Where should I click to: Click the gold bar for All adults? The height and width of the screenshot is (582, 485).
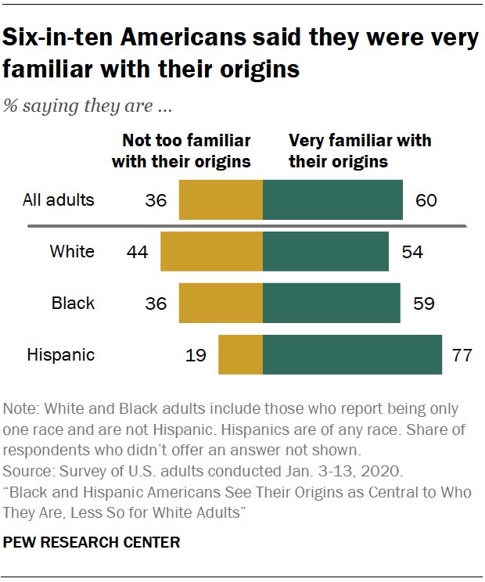point(221,199)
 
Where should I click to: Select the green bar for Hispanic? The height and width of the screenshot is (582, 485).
point(352,354)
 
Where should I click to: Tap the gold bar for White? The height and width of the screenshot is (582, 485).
point(211,251)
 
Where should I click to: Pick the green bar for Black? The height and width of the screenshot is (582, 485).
point(332,303)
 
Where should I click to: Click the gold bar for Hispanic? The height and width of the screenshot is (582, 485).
point(240,354)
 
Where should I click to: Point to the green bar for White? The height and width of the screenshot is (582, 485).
point(325,251)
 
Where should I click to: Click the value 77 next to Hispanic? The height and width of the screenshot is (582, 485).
point(462,355)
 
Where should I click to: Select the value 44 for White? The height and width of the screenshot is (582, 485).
point(137,252)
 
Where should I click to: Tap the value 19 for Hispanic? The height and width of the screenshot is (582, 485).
point(195,355)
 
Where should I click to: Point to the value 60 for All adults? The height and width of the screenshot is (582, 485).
point(426,200)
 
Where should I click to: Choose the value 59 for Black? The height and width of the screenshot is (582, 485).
point(422,304)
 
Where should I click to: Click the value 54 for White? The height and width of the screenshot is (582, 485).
point(411,252)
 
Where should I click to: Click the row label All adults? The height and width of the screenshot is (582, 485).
point(58,199)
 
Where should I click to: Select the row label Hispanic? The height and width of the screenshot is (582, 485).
point(61,355)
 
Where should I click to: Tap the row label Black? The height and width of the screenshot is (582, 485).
point(73,304)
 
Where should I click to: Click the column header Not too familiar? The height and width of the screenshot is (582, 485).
point(181,151)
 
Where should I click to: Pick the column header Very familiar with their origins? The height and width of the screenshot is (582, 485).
point(361,151)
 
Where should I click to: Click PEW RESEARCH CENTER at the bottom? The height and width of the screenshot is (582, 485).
point(92,541)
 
